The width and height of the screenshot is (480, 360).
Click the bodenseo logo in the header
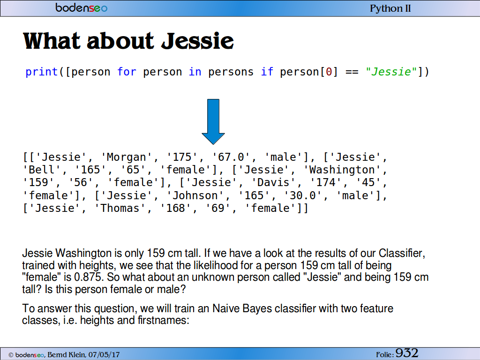81,7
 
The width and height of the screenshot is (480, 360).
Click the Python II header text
390,8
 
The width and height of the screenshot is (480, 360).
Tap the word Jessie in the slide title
197,41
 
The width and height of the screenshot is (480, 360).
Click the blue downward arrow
213,121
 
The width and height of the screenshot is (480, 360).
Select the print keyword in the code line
42,72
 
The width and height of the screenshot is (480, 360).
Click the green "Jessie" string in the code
391,72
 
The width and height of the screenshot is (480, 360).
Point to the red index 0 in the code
329,72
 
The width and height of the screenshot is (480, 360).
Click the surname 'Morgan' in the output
127,157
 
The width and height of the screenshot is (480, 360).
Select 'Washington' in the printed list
342,170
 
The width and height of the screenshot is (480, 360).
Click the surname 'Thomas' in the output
120,208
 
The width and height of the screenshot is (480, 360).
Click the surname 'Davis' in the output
273,182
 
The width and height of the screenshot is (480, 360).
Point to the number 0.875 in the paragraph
88,277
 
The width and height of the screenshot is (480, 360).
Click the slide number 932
407,353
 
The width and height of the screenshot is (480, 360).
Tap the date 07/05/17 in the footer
104,355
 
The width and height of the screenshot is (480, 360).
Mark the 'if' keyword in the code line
267,72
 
